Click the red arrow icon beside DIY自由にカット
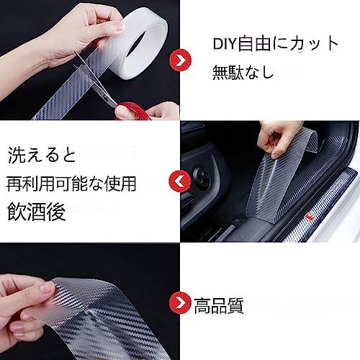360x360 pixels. (x=180, y=60)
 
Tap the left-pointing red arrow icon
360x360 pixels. (x=180, y=181)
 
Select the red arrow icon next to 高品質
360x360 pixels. (x=180, y=303)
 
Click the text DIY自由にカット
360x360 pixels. (x=276, y=44)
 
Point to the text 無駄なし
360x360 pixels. (x=243, y=72)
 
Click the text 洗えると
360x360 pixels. (x=42, y=156)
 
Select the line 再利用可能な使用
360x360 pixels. (x=71, y=184)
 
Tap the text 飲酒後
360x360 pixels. (x=37, y=212)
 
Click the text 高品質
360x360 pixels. (x=219, y=305)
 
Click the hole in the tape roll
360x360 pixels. (x=143, y=45)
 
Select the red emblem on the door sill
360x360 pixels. (x=311, y=215)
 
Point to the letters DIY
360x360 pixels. (x=225, y=44)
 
